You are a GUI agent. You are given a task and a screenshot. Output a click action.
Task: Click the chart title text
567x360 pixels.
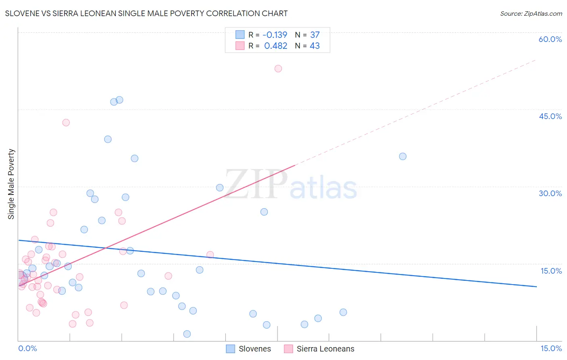pos(146,13)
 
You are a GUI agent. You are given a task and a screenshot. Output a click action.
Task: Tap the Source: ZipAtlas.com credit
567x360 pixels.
pos(531,13)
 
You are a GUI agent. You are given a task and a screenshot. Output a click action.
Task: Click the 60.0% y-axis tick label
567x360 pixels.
pos(550,39)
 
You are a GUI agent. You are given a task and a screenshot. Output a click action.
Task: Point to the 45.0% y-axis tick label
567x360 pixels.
pos(550,116)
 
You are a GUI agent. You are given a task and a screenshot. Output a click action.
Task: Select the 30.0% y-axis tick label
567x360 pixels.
pos(550,193)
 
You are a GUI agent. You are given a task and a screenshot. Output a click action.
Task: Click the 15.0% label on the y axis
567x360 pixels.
pos(551,271)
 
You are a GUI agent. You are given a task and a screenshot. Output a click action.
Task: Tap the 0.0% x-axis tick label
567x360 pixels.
pos(27,348)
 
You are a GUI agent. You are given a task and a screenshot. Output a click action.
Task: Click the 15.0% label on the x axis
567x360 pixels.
pos(551,348)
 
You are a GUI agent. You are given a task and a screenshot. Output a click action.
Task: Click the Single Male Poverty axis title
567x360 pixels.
pos(11,184)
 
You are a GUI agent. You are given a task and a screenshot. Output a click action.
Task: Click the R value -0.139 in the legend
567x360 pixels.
pos(275,35)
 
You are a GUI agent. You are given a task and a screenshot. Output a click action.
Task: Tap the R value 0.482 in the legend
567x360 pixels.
pos(276,46)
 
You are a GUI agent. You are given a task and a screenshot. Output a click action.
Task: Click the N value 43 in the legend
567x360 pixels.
pos(315,46)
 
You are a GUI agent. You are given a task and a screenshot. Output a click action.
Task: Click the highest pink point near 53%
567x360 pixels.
pos(278,69)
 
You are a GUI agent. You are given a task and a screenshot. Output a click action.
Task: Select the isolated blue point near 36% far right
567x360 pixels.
pos(402,156)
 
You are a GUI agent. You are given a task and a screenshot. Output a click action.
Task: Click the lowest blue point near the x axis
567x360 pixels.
pos(187,334)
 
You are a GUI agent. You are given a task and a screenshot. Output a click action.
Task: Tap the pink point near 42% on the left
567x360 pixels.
pos(66,123)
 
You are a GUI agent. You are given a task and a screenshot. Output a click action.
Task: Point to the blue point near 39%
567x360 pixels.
pos(108,139)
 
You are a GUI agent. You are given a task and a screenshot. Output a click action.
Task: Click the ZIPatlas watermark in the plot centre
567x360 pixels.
pos(290,185)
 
